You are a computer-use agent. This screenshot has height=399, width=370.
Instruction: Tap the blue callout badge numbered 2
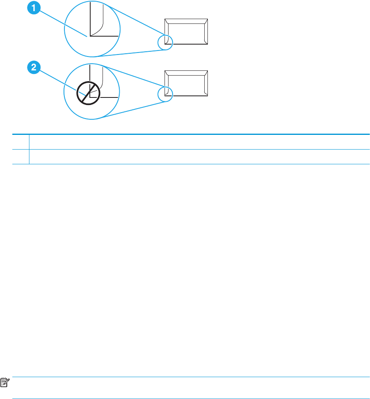click(x=34, y=68)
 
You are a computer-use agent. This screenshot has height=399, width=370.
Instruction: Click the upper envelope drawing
click(x=186, y=31)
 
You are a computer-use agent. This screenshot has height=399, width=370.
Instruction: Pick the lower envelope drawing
click(x=186, y=83)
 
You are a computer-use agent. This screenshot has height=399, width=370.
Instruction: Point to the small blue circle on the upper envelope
click(x=165, y=42)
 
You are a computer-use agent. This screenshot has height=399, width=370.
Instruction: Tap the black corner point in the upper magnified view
click(x=91, y=36)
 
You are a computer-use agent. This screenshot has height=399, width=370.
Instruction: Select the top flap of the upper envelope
click(x=186, y=21)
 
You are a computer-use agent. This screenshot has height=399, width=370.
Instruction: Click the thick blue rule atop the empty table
click(x=191, y=134)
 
